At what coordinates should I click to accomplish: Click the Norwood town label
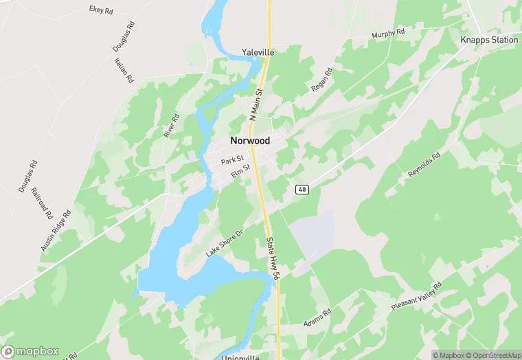coord(250,141)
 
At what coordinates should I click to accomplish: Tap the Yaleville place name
coord(258,52)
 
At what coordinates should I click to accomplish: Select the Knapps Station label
coord(490,40)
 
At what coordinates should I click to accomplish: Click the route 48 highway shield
coord(302,189)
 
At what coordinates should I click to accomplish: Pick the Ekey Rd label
coord(102,10)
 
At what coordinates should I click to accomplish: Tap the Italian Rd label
coord(124,71)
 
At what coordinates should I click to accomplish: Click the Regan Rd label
coord(321,80)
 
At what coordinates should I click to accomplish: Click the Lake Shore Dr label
coord(225,244)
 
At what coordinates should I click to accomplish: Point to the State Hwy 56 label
coord(272,257)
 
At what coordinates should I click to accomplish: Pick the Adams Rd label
coord(317,317)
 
